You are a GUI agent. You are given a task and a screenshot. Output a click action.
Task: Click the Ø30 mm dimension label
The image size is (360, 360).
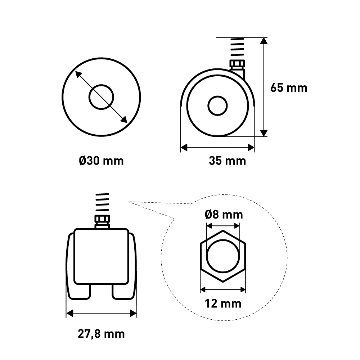click(x=101, y=161)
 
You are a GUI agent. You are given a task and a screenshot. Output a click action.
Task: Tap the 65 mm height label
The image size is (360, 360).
click(x=289, y=88)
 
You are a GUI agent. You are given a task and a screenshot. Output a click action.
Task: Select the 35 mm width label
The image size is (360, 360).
click(x=227, y=161)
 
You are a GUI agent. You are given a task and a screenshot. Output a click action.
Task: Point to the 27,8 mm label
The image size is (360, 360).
click(x=101, y=334)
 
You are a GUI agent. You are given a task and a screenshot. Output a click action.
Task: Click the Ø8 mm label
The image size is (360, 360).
click(x=224, y=215)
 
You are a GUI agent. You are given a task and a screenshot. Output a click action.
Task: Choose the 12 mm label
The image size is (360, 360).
click(x=223, y=304)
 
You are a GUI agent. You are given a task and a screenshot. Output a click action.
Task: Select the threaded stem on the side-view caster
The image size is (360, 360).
click(x=237, y=47)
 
